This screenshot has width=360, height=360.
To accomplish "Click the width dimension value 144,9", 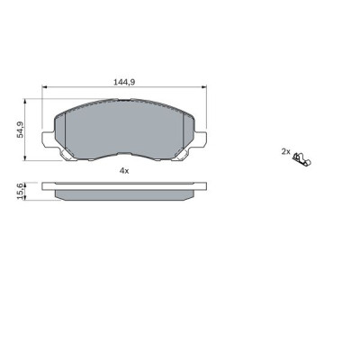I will tap(124, 81).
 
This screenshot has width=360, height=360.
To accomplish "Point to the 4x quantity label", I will tap(124, 170).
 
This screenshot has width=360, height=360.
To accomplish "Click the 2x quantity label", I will tap(285, 152).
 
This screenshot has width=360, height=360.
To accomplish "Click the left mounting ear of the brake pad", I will tap(50, 140).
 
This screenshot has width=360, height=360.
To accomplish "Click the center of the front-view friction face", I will tap(125, 130).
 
